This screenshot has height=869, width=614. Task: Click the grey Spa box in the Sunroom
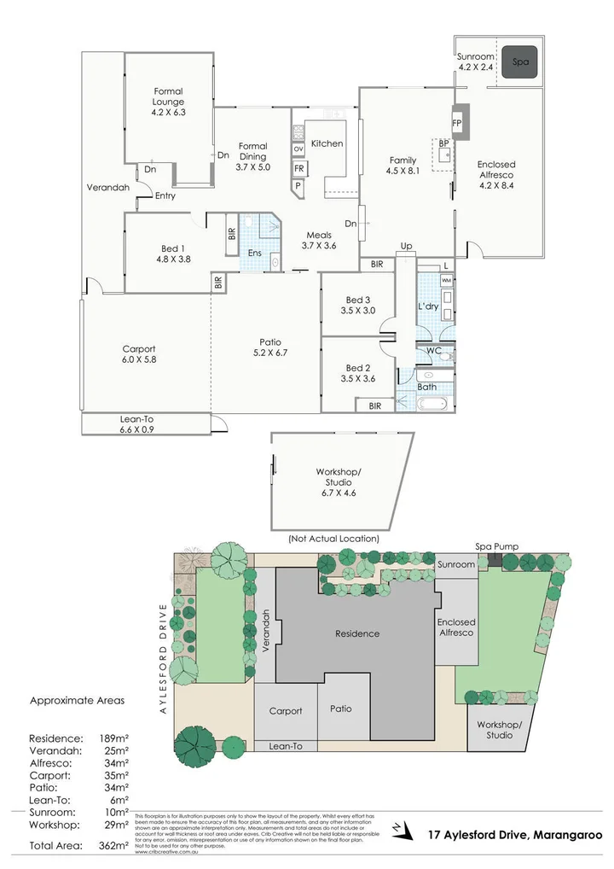click(x=519, y=62)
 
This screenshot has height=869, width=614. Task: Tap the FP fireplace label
click(x=457, y=123)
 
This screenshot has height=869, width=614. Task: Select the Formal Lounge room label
click(x=168, y=101)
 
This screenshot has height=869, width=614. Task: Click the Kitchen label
click(x=327, y=143)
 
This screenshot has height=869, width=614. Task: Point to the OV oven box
click(x=298, y=149)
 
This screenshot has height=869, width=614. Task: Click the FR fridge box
click(x=298, y=168)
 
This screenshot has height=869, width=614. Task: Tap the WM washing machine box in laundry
click(x=447, y=280)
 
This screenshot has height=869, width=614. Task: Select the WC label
click(x=432, y=351)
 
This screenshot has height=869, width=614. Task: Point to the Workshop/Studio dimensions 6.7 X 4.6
click(x=339, y=493)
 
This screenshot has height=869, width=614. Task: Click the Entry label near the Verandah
click(x=165, y=195)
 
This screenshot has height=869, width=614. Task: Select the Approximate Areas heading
click(x=77, y=700)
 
